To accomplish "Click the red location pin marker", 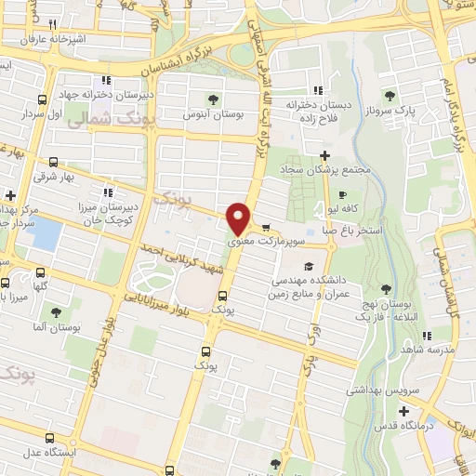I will [240, 218].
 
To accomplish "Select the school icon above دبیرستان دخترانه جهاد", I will [108, 80].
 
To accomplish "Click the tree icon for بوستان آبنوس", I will [214, 99].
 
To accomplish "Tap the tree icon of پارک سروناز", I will [390, 95].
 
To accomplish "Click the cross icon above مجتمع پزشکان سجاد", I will [324, 155].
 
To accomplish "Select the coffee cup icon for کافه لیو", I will [343, 195].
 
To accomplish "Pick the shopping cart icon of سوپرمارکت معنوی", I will [267, 228].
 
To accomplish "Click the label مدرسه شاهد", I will [429, 349].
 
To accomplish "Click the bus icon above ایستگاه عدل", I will [49, 411].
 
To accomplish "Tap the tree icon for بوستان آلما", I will [57, 313].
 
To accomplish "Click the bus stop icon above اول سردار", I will [41, 99].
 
